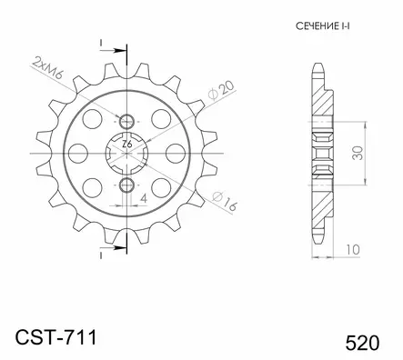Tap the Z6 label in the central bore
click(126, 144)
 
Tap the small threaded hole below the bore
click(126, 185)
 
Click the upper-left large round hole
click(92, 117)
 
